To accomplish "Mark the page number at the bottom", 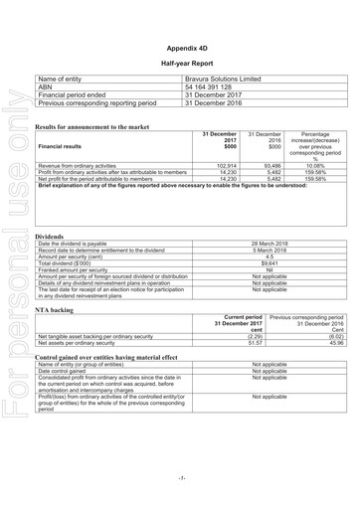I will (181, 478).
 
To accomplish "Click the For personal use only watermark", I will (14, 254).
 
